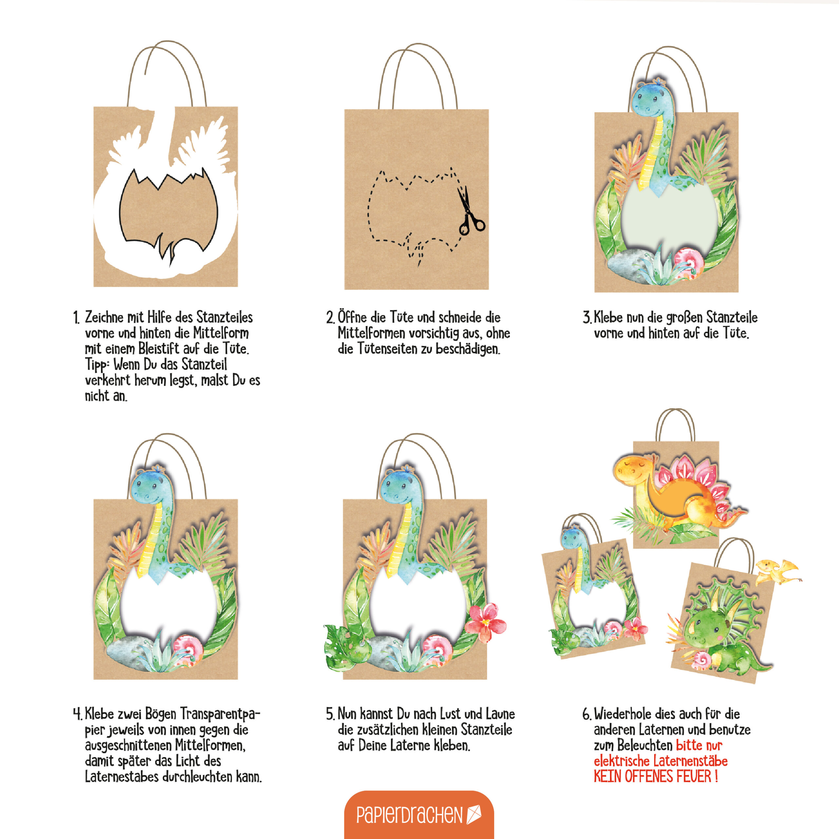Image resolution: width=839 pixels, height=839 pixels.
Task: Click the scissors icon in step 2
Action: pyautogui.click(x=470, y=211)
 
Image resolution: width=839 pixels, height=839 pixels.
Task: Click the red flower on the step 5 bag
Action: pyautogui.click(x=485, y=623)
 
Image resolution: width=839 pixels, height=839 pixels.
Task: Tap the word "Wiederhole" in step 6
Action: pyautogui.click(x=623, y=714)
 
